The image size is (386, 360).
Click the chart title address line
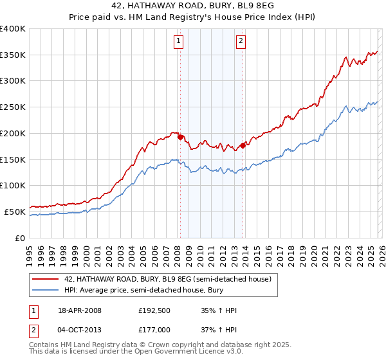193,6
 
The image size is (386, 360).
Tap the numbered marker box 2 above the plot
241,42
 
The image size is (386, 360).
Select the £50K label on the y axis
15,212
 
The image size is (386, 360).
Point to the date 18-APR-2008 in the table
80,310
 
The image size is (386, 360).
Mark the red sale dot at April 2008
181,137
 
